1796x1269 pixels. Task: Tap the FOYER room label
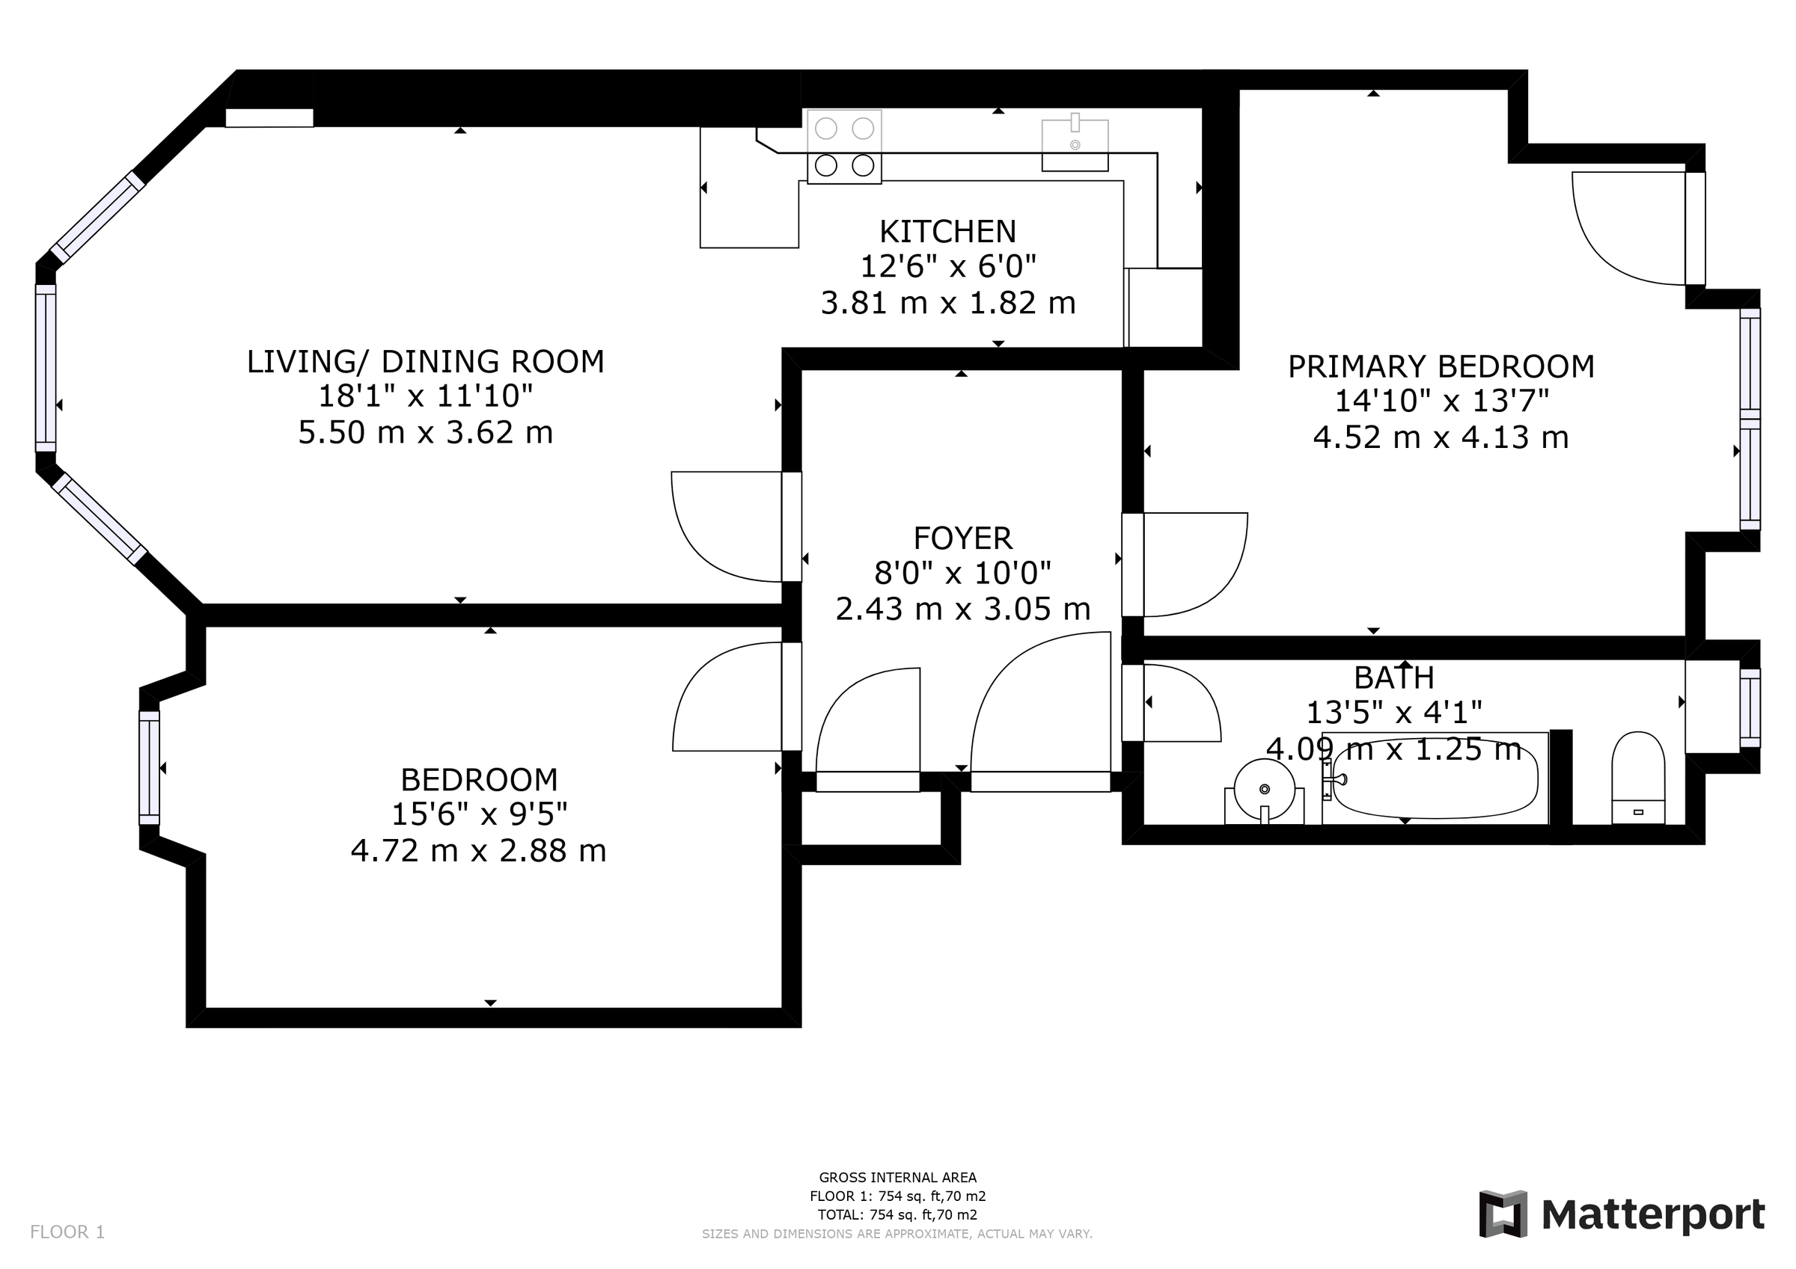[x=962, y=538]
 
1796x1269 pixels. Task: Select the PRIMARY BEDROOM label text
[x=1441, y=366]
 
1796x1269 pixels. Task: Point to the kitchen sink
[x=1075, y=144]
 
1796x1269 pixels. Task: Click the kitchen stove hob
[x=844, y=147]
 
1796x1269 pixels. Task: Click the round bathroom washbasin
[x=1264, y=790]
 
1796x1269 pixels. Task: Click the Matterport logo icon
[x=1503, y=1214]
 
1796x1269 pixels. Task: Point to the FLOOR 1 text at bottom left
[x=67, y=1232]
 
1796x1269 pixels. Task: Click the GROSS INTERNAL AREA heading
[x=897, y=1178]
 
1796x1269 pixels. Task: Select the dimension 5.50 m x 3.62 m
[x=426, y=432]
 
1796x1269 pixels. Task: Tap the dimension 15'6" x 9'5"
[x=479, y=815]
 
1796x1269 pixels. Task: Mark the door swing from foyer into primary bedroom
[x=1193, y=565]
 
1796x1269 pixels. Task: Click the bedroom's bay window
[x=149, y=768]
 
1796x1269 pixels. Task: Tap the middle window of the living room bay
[x=46, y=367]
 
